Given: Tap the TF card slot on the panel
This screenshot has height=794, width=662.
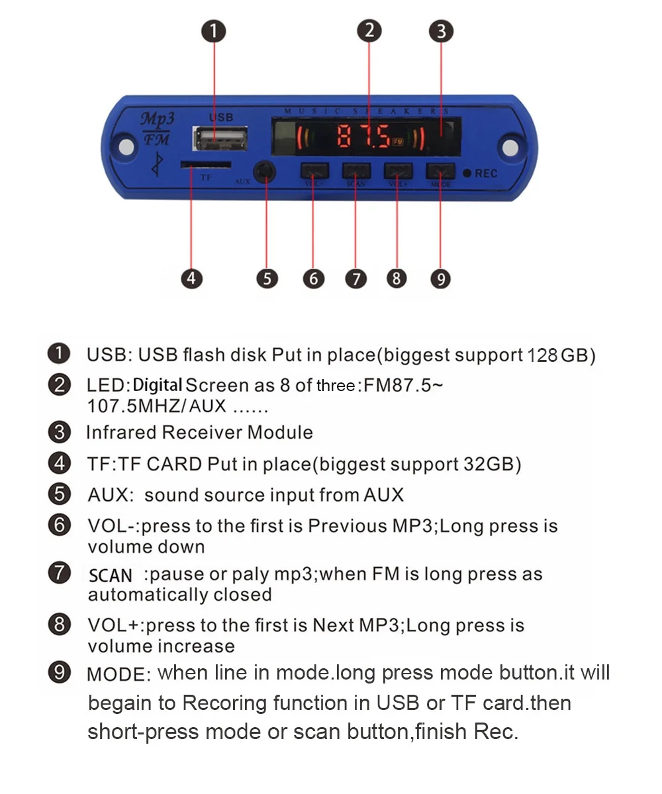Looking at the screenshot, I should coord(206,164).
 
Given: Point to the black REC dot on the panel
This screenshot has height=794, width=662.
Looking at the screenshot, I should coord(467,173).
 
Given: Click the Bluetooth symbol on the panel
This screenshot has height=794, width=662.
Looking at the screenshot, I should coord(157,165).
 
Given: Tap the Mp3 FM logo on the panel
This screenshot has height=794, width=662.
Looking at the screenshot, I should coord(157,128).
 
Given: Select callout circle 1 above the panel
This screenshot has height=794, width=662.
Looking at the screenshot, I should coord(214,31).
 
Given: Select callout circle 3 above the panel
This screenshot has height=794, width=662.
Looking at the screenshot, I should coord(441,31).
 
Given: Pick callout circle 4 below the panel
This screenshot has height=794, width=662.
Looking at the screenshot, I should coord(191,279).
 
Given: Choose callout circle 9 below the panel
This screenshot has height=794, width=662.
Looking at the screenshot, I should coord(440,279).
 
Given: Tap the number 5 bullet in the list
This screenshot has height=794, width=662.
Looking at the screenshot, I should coord(60,494).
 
